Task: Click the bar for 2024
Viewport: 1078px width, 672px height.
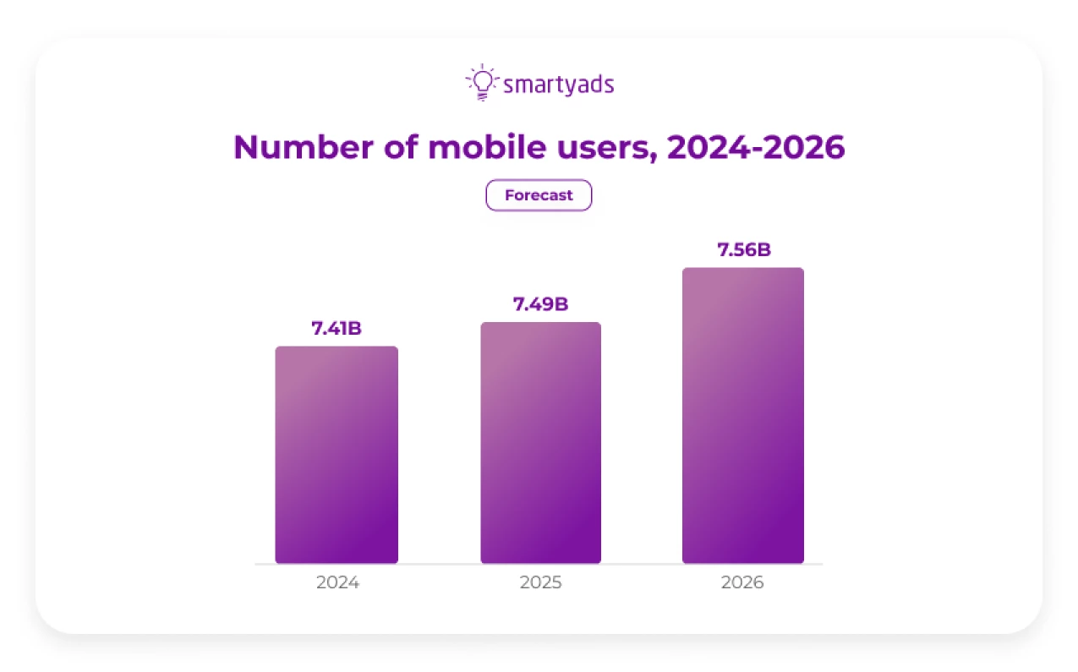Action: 337,455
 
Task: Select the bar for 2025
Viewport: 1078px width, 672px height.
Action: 540,443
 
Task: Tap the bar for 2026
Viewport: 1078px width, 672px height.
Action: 742,416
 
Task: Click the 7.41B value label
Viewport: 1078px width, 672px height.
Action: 337,328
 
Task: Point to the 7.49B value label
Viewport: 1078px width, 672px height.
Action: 540,304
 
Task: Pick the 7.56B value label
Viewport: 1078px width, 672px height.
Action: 743,250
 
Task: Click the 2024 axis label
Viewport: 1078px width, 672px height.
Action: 337,582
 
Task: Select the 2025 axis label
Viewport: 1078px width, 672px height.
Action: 540,582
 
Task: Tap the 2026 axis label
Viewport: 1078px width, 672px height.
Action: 742,582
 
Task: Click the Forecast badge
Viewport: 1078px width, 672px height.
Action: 539,195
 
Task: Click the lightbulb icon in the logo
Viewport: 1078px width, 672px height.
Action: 481,83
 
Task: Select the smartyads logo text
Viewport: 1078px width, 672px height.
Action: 558,85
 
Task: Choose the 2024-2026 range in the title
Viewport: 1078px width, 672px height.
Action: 756,147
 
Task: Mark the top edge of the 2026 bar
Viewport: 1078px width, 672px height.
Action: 742,269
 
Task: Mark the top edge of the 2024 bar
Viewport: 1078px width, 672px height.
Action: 337,347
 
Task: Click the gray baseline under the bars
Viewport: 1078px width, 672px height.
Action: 539,564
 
